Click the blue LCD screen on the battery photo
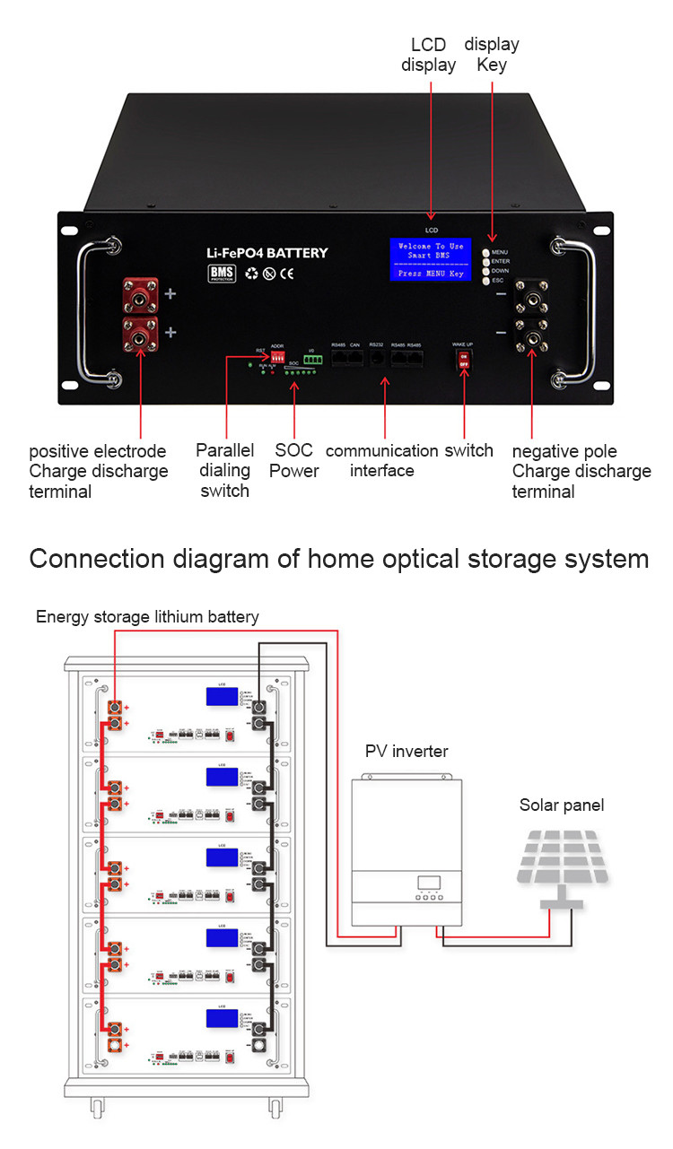tap(430, 260)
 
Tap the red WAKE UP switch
tap(464, 359)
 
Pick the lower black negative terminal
tap(531, 339)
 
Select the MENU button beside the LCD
tap(485, 253)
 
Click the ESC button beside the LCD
tap(485, 281)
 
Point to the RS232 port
tap(377, 357)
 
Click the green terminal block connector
tap(311, 359)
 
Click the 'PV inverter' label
tap(406, 751)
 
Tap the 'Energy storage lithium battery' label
tap(147, 617)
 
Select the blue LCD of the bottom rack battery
tap(222, 1019)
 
